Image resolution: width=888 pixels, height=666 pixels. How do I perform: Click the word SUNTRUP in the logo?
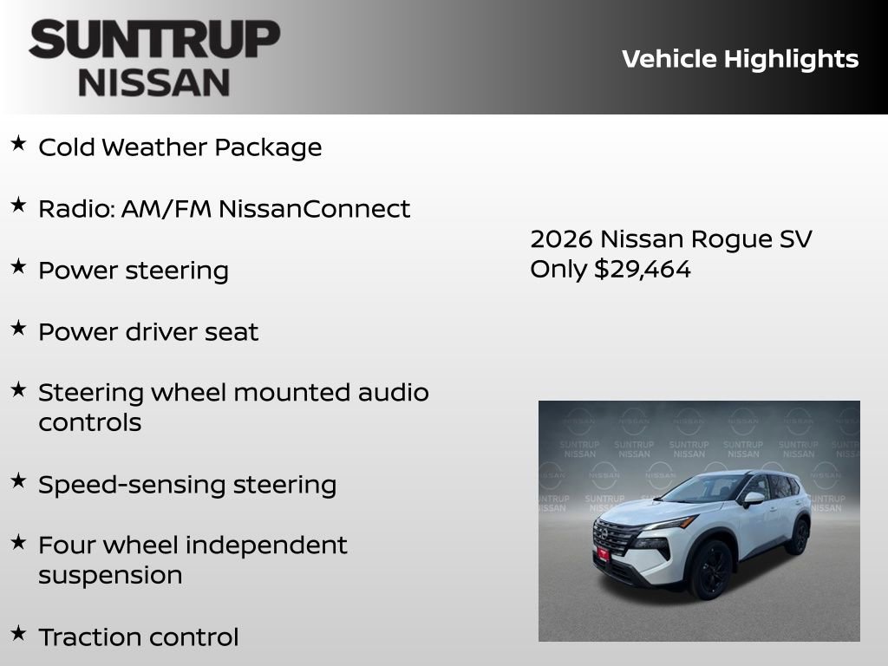pos(154,39)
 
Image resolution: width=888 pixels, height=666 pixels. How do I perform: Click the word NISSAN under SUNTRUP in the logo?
pos(154,82)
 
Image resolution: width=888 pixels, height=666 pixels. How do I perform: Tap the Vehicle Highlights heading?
pos(740,59)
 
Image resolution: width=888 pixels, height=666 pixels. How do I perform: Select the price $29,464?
pos(642,269)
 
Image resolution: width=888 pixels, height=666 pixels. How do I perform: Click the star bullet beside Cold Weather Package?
pos(18,144)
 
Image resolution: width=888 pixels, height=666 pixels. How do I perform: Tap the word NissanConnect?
pos(314,209)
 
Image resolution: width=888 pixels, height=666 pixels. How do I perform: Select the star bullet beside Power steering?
pos(18,267)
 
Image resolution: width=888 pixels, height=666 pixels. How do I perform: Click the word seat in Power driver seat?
pos(235,332)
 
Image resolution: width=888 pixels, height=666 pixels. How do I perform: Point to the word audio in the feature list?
pos(393,393)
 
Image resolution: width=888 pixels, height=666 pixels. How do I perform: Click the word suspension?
pos(110,575)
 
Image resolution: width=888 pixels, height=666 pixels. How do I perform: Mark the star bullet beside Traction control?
pos(18,634)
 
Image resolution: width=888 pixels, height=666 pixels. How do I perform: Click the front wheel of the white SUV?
pos(710,568)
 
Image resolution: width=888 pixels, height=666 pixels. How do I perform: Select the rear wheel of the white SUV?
pos(797,535)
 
